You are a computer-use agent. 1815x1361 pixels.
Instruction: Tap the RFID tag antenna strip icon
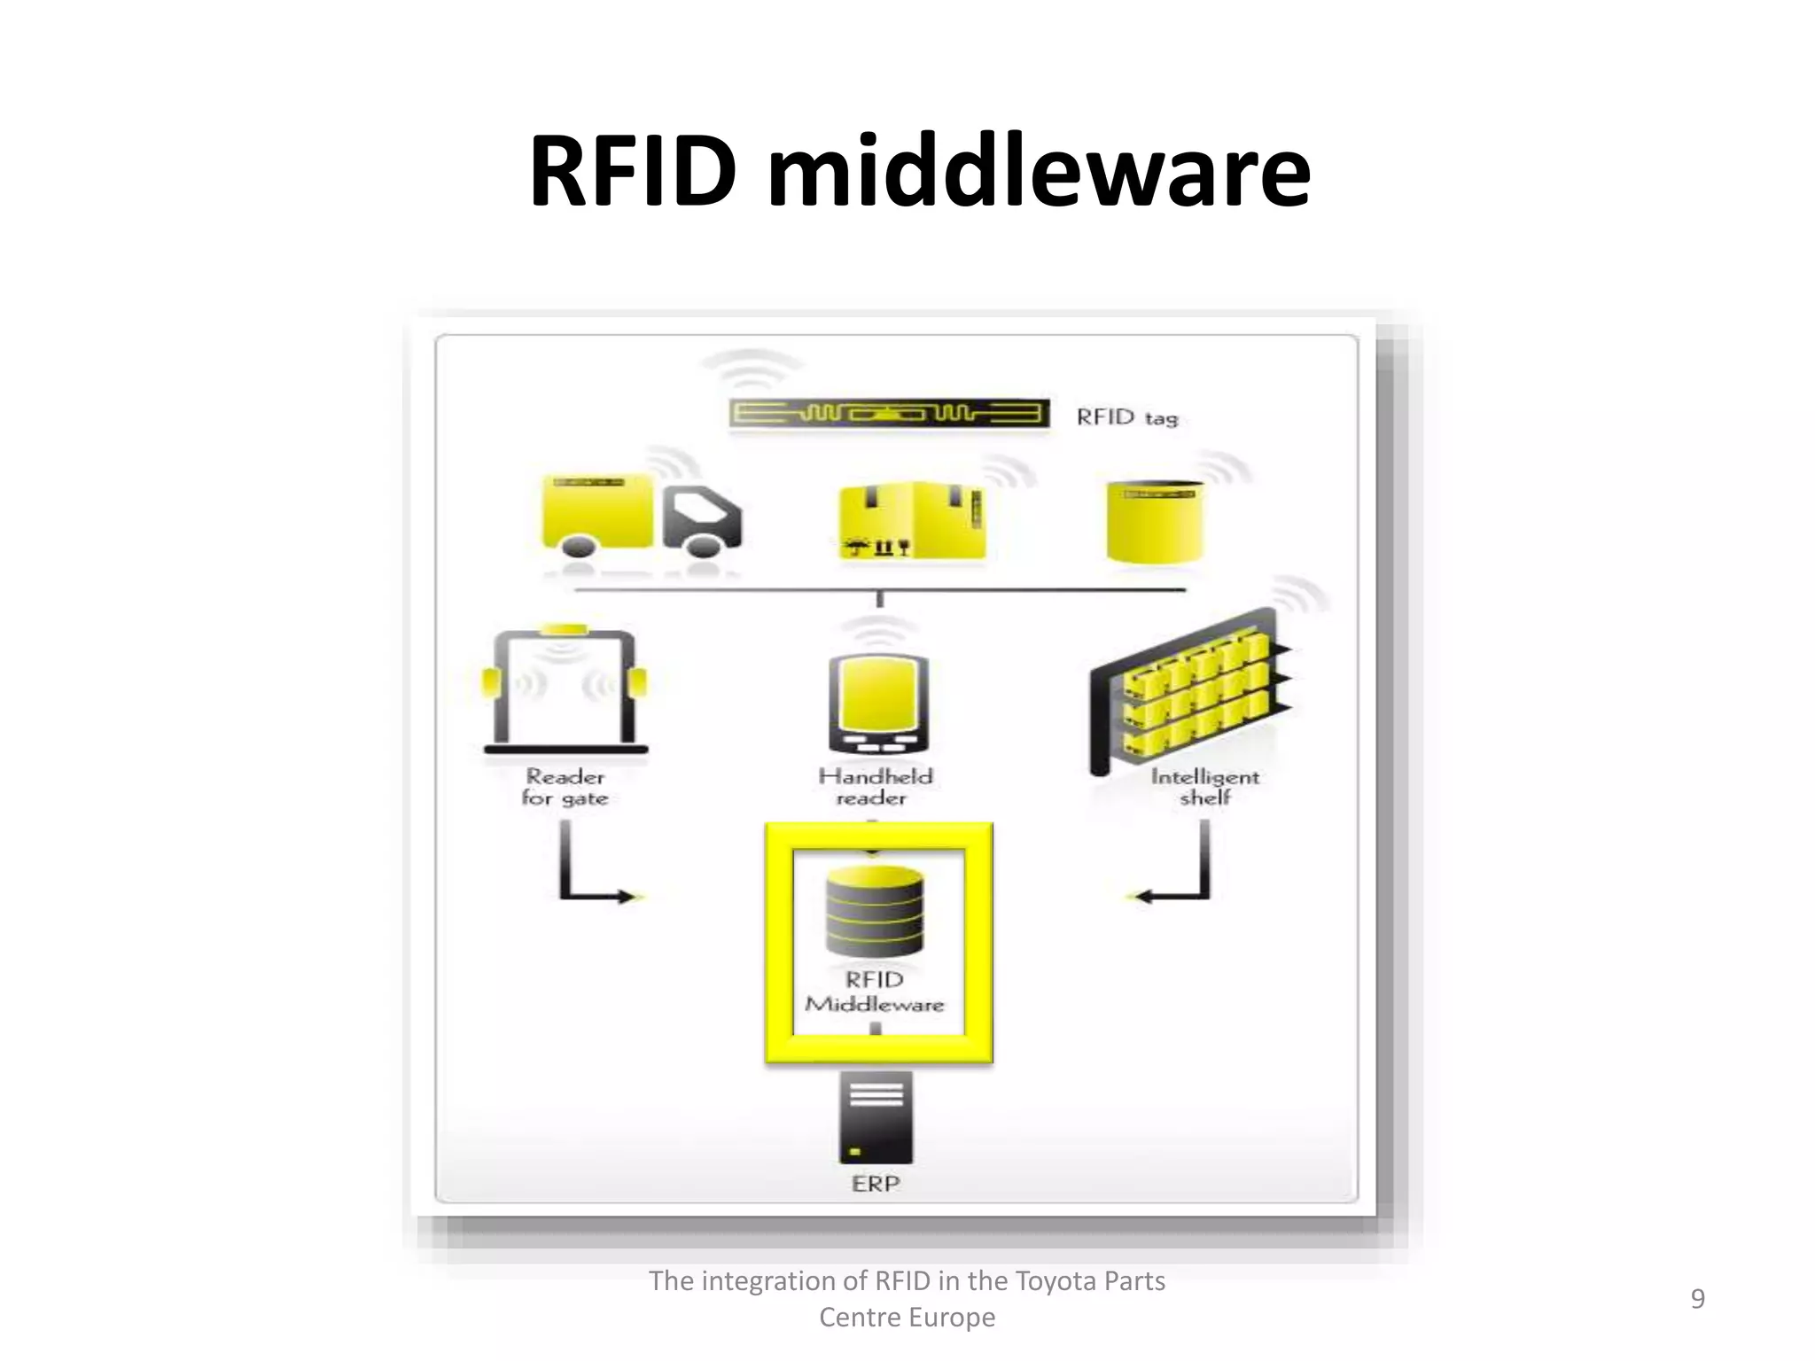[889, 414]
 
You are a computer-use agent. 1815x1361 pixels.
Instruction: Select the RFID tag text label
[1126, 417]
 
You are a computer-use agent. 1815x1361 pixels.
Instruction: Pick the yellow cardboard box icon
[912, 521]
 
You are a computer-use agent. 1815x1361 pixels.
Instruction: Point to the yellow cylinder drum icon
[1155, 522]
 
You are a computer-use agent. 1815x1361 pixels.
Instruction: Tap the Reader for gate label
[565, 787]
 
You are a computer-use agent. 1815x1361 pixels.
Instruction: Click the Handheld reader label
[875, 787]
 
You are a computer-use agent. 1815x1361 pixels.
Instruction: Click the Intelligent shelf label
[1204, 787]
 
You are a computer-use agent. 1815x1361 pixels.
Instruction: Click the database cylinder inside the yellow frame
[875, 913]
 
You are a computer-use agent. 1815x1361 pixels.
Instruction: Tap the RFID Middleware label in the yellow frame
[875, 992]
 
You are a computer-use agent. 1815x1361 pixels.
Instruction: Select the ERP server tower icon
[876, 1118]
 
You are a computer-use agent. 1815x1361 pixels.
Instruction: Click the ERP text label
[876, 1184]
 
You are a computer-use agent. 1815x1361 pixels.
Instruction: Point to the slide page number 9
[1697, 1299]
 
